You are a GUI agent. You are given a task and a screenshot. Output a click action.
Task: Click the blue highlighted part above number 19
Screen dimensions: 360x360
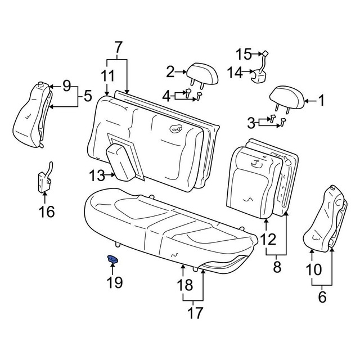click(x=112, y=259)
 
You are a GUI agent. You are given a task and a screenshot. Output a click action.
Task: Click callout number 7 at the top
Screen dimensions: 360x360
click(x=118, y=47)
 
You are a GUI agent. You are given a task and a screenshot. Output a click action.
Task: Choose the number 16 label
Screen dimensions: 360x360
click(x=47, y=211)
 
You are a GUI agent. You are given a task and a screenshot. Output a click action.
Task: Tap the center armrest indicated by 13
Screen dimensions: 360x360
click(x=121, y=163)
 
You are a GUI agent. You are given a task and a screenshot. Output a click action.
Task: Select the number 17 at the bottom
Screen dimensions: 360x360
click(x=195, y=313)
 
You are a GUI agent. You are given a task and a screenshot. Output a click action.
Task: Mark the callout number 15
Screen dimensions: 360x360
click(x=244, y=54)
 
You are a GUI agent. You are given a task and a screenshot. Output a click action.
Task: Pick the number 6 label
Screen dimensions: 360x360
click(x=322, y=297)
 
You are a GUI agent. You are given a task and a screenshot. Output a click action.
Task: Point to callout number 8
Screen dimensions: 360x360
click(x=277, y=267)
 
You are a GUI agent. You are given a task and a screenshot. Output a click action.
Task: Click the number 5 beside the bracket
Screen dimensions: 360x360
click(x=88, y=96)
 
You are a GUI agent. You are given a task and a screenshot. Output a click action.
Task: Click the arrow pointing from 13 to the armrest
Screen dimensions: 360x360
click(x=111, y=175)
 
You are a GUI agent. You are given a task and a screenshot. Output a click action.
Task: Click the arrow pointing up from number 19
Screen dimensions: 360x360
click(x=112, y=269)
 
